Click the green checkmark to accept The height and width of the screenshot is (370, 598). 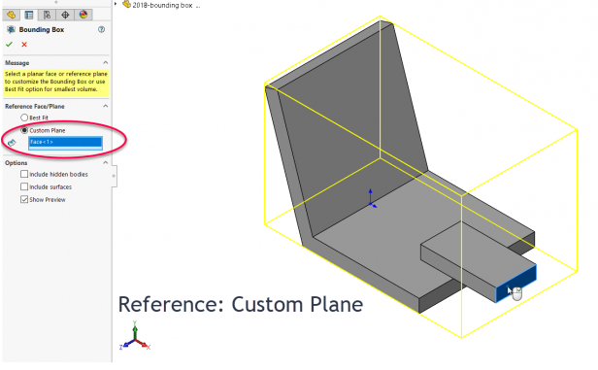click(x=9, y=45)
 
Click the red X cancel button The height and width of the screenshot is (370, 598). click(x=23, y=45)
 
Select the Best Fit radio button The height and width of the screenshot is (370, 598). click(x=24, y=118)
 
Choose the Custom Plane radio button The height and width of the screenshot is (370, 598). click(x=24, y=129)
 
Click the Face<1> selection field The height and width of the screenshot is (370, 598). click(x=65, y=142)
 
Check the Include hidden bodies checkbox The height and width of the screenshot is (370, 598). click(x=24, y=175)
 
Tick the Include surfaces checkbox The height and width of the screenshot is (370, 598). click(x=24, y=186)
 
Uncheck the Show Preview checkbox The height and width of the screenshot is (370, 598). click(x=24, y=199)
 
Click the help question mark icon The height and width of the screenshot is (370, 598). click(x=101, y=30)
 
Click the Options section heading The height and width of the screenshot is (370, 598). click(x=17, y=162)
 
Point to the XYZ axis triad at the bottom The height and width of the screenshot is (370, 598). click(x=134, y=338)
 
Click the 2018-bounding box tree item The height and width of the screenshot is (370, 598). click(x=160, y=6)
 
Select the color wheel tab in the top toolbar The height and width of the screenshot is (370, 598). click(x=83, y=14)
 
